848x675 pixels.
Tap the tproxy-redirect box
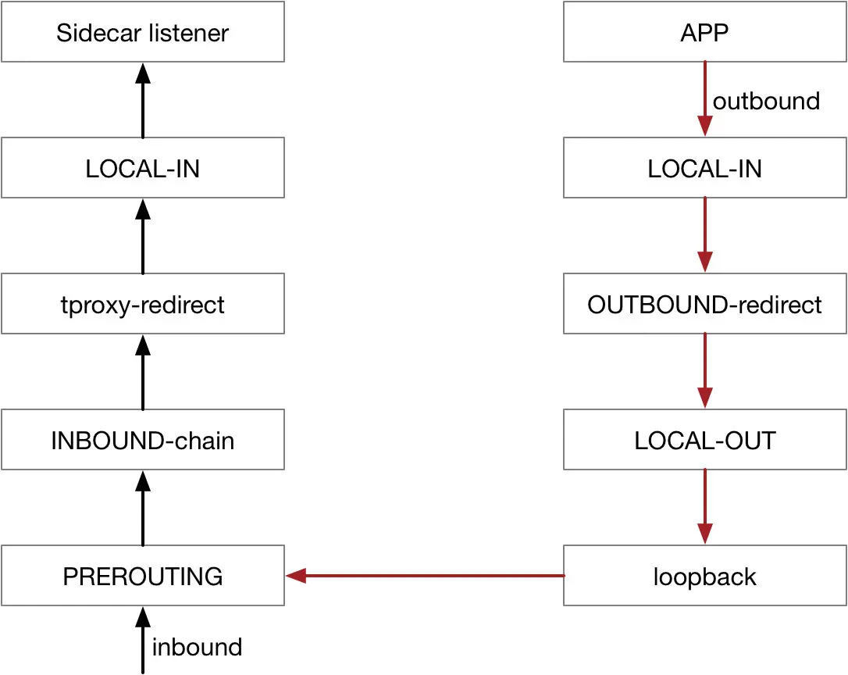point(142,304)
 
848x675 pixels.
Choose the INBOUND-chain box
point(142,440)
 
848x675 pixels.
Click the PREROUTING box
point(142,577)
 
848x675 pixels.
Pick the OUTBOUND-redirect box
point(704,304)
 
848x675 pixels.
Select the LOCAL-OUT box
point(704,440)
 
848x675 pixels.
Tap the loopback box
point(704,577)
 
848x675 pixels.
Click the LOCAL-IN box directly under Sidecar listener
point(142,169)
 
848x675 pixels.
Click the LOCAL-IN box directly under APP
point(704,169)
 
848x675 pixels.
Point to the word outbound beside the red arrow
point(766,101)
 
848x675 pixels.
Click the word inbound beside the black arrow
point(197,647)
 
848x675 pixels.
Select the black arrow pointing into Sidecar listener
point(142,101)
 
